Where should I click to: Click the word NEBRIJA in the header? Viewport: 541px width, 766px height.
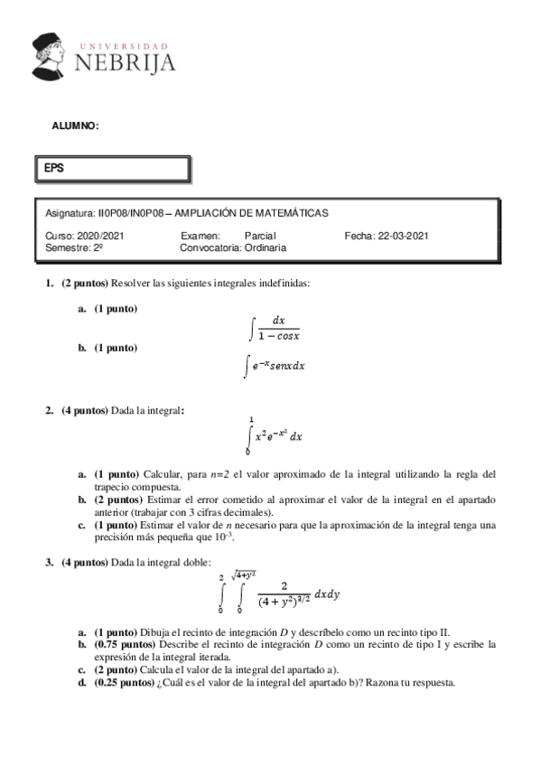click(x=124, y=63)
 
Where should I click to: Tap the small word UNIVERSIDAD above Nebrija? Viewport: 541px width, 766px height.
click(x=124, y=44)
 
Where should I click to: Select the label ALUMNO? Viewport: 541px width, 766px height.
click(x=76, y=126)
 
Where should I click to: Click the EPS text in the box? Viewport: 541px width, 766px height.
click(x=54, y=167)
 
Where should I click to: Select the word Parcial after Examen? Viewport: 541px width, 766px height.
click(x=260, y=236)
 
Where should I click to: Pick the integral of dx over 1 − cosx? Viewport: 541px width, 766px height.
click(x=275, y=327)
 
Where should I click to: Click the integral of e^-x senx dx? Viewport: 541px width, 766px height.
click(x=274, y=366)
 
